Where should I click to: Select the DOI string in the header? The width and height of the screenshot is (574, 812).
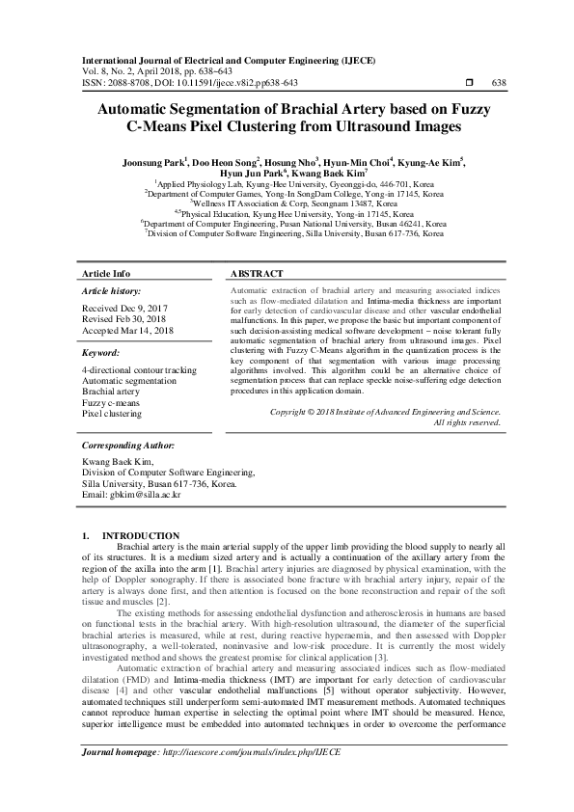click(231, 83)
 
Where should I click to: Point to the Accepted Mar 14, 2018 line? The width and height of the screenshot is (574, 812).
click(126, 331)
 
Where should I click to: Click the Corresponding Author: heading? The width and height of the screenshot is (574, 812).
click(128, 447)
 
